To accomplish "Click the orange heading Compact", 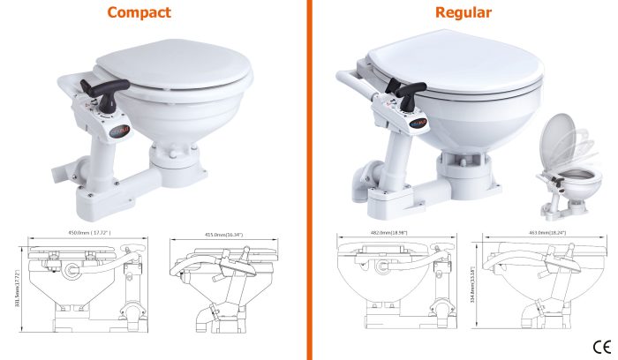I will click(x=139, y=12).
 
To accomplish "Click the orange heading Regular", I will click(x=463, y=12).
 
